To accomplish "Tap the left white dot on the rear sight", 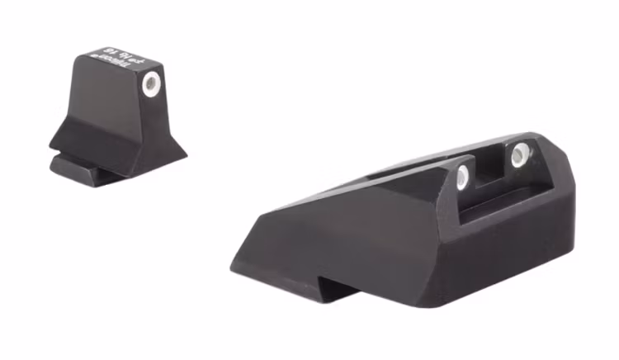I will (x=462, y=173).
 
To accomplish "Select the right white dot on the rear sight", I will (x=520, y=154).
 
